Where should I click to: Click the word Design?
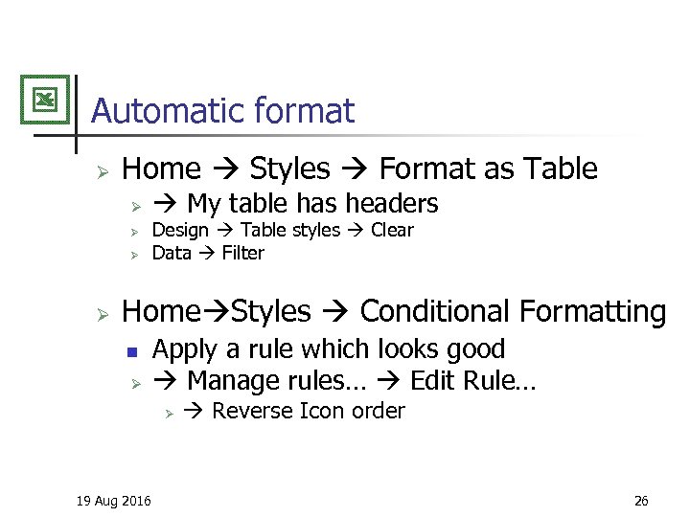[x=180, y=230]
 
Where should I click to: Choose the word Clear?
[x=392, y=230]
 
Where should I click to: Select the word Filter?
[x=242, y=253]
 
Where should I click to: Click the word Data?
[x=172, y=253]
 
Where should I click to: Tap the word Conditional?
[x=435, y=311]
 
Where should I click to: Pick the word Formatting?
[x=592, y=311]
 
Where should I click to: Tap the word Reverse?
[x=253, y=411]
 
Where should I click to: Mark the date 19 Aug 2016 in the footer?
[x=113, y=501]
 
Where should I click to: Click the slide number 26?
[x=641, y=501]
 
